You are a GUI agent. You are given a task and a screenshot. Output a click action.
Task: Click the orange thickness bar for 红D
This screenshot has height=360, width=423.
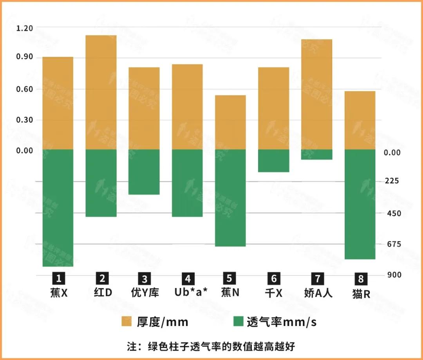point(101,92)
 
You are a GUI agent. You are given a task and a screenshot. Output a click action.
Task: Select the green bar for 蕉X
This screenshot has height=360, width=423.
point(58,208)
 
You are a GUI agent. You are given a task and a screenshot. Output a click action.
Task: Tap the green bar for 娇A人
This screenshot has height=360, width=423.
point(316,155)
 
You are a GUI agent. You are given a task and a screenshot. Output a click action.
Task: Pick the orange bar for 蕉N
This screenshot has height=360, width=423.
point(230,122)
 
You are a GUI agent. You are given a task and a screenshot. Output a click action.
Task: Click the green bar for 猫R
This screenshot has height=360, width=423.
point(360,204)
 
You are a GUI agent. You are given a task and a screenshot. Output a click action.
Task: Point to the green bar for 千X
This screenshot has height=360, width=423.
point(273,161)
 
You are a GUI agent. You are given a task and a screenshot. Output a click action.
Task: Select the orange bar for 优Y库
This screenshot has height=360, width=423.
point(144,108)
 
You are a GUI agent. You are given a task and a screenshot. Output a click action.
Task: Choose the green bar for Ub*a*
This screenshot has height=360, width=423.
point(187,183)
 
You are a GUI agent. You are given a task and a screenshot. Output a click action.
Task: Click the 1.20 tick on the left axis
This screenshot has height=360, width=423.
point(25,28)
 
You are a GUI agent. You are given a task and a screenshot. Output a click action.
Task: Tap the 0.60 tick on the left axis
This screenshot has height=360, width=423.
point(25,89)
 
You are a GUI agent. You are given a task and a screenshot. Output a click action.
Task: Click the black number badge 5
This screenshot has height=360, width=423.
point(230,278)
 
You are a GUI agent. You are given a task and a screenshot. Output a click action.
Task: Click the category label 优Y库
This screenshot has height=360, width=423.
point(145,292)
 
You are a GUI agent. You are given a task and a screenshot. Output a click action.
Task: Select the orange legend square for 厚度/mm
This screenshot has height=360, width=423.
point(127,321)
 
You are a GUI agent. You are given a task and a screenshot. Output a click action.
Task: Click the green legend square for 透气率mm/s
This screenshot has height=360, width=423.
point(238,321)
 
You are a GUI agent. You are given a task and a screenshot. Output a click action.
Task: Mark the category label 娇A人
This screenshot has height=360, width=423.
point(318,292)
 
